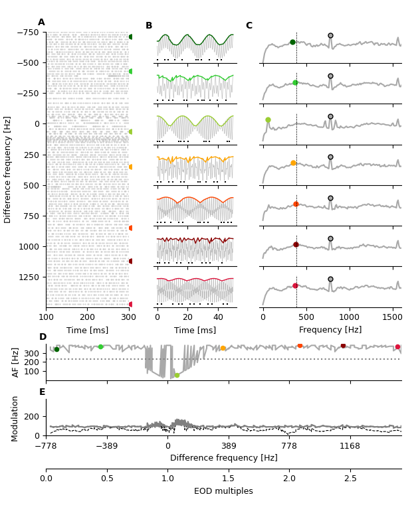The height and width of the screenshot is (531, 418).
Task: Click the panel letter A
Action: [41, 23]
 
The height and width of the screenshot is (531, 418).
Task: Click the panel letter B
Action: [149, 26]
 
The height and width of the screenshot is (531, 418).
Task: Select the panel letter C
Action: [249, 26]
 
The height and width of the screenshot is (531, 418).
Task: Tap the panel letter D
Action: [43, 337]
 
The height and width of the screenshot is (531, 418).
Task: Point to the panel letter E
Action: [42, 392]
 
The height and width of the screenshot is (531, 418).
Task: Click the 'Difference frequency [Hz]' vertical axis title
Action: [8, 169]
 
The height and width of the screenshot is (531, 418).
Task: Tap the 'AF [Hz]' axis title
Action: [16, 362]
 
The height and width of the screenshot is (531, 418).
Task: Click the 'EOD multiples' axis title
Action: [223, 492]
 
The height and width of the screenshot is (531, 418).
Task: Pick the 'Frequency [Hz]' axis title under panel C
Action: [330, 330]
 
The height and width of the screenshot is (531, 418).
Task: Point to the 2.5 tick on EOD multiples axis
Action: [350, 479]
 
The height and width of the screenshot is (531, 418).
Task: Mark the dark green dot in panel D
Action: [56, 349]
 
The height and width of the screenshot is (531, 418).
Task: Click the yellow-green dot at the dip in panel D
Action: [177, 375]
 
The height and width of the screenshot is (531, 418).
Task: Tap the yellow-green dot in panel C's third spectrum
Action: [268, 120]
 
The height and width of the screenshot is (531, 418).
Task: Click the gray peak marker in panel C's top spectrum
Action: [330, 36]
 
